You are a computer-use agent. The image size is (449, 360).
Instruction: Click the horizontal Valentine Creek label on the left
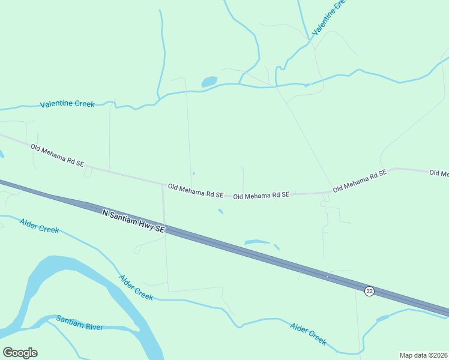(x=67, y=104)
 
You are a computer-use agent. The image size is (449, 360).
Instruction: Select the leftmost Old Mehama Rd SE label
(x=58, y=155)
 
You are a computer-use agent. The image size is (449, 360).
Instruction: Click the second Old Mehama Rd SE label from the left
(x=196, y=191)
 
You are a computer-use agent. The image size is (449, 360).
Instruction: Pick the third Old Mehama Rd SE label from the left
(x=261, y=195)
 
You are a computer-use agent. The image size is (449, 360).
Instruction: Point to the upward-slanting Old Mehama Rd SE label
(x=360, y=180)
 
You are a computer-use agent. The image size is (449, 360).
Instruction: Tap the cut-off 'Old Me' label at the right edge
(x=439, y=173)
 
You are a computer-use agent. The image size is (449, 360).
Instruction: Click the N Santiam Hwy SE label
(x=133, y=221)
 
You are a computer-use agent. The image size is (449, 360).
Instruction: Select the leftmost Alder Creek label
(x=39, y=226)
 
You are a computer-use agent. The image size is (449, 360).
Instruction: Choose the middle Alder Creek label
(x=136, y=287)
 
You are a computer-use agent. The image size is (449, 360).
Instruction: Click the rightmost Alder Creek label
(x=309, y=334)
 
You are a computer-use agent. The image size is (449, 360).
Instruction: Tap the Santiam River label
(x=80, y=322)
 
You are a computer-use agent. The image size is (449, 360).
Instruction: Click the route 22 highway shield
(x=369, y=291)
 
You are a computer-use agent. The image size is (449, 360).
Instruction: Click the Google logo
(x=20, y=353)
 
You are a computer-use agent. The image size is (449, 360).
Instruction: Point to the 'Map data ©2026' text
(x=423, y=355)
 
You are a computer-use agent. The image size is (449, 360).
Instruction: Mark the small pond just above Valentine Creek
(x=209, y=82)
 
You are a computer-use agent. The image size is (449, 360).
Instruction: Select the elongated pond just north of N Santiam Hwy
(x=257, y=242)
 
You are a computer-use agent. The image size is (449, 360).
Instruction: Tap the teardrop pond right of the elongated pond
(x=276, y=247)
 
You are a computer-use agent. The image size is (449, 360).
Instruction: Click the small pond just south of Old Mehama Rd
(x=221, y=211)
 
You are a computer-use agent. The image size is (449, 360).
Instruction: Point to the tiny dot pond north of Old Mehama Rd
(x=193, y=174)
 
